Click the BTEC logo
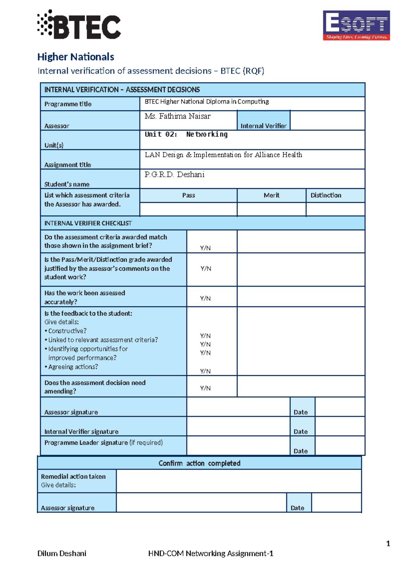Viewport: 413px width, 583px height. pos(79,25)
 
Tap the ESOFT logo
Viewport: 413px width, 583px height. pos(356,25)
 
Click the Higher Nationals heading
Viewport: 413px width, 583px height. pos(76,57)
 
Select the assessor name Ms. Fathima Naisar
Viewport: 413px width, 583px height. pos(178,116)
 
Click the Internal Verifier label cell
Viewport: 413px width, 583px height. pos(263,125)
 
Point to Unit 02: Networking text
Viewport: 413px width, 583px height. pos(186,134)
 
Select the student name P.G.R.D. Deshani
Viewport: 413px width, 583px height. pos(174,175)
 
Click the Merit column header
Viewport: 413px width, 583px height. pos(272,195)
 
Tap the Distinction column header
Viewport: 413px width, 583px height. pos(326,195)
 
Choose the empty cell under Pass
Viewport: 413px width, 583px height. pos(188,209)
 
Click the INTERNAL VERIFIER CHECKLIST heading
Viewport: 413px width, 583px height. pos(88,223)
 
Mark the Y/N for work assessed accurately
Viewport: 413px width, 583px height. pos(205,298)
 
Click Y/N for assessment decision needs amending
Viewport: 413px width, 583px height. pos(205,388)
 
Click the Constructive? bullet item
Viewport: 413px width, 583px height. pos(67,331)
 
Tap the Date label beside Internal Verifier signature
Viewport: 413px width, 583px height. pos(300,431)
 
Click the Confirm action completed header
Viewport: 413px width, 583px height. pos(199,463)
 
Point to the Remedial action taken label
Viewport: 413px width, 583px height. pos(73,476)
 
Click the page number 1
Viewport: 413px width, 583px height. pos(388,543)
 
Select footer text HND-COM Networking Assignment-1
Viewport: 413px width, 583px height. pos(211,553)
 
